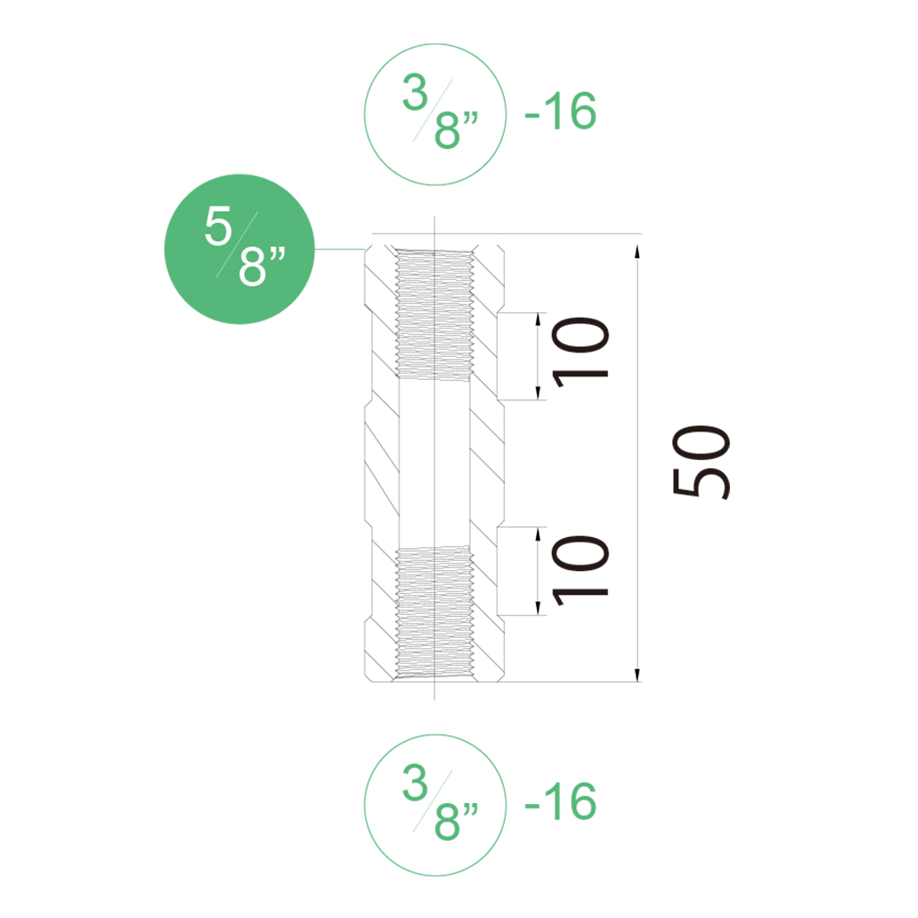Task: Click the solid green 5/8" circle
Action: (240, 249)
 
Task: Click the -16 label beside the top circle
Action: (560, 111)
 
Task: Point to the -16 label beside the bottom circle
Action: (560, 801)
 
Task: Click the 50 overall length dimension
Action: (700, 462)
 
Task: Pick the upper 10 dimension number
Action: (581, 353)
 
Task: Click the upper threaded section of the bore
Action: (434, 315)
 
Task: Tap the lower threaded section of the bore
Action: (434, 611)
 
